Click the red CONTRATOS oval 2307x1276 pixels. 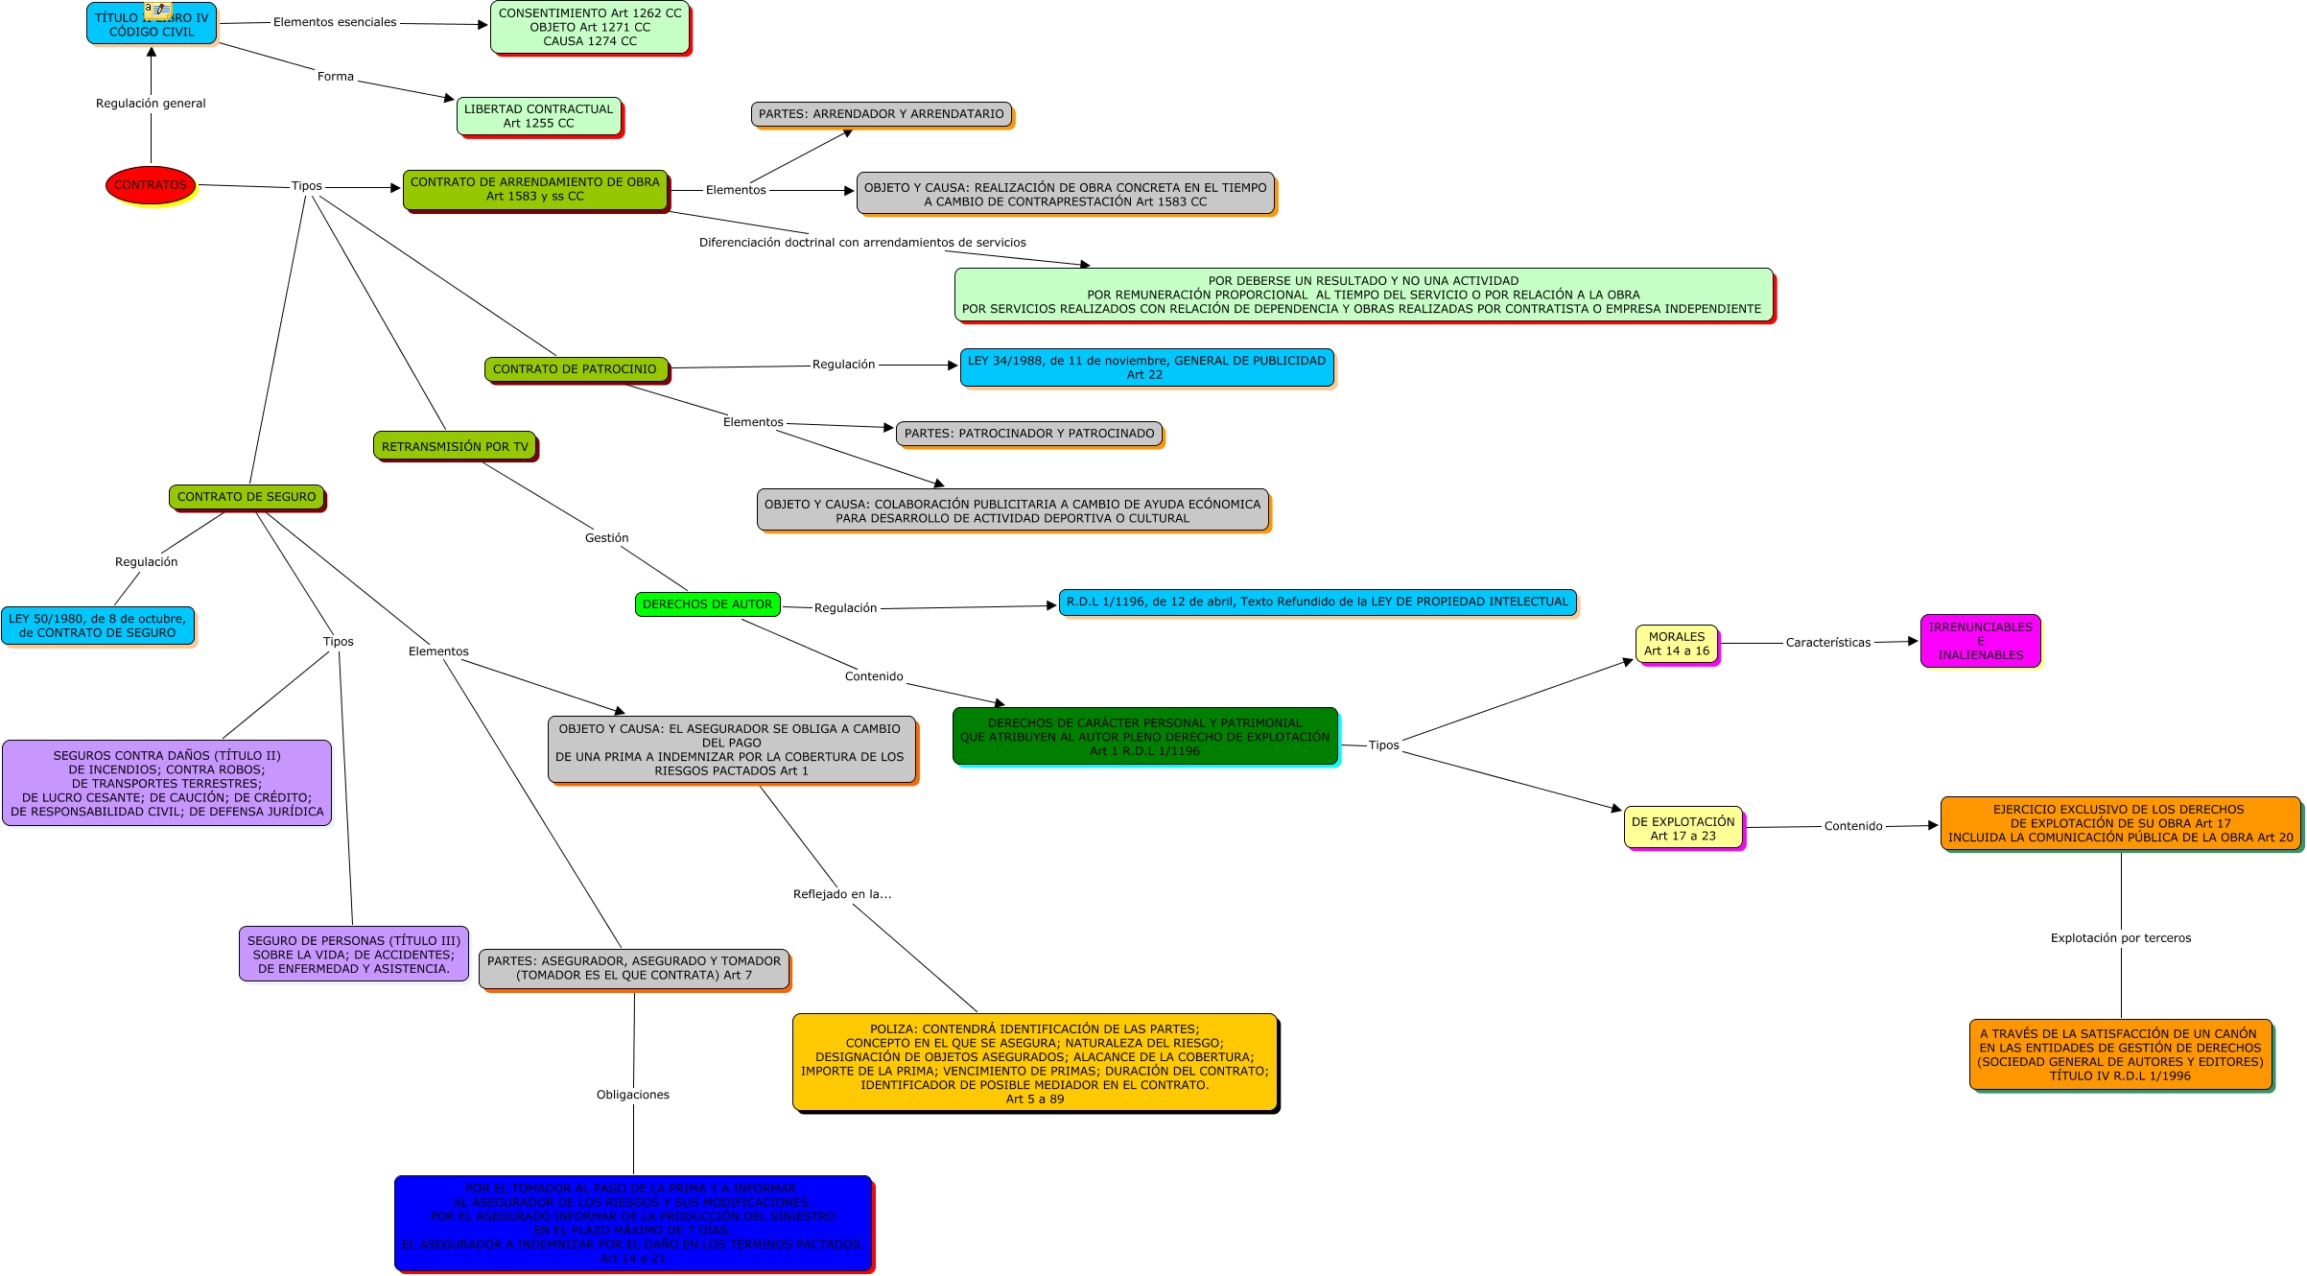[151, 185]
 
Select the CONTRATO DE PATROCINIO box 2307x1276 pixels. [575, 369]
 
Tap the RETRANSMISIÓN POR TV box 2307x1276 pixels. [455, 446]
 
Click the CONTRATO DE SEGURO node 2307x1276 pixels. [247, 497]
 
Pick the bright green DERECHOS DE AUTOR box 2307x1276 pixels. [707, 604]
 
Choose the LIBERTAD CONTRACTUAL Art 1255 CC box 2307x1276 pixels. [538, 116]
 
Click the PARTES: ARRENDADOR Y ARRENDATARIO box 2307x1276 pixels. [881, 114]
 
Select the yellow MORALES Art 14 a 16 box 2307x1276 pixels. [1676, 644]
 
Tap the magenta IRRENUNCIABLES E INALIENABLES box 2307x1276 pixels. [1980, 641]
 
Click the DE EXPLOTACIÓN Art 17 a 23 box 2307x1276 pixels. [1683, 828]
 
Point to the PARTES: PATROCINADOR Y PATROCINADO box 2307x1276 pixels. [1029, 434]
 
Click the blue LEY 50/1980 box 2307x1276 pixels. [98, 626]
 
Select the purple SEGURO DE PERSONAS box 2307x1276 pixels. [354, 954]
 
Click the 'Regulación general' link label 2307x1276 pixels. [151, 104]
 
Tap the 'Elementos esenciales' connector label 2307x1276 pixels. [335, 22]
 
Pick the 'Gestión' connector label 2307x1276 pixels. [607, 538]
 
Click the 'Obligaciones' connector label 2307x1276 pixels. [633, 1095]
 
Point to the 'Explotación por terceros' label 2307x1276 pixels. [2121, 938]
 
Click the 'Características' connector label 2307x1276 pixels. [1827, 643]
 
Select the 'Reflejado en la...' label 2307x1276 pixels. [842, 894]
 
